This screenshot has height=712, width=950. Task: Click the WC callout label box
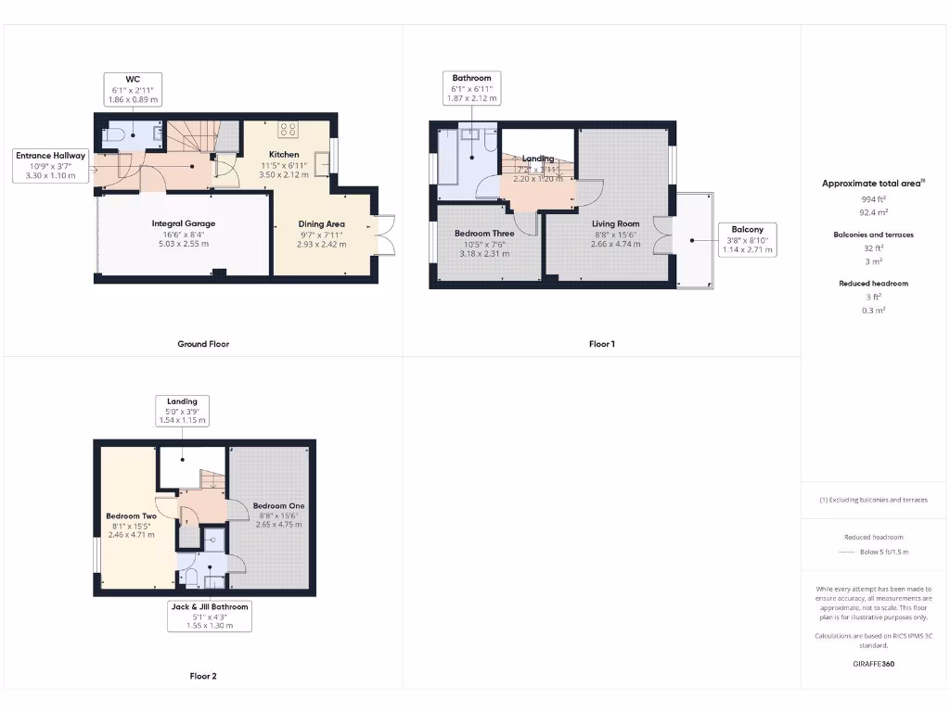point(131,88)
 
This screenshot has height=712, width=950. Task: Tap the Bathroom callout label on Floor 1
point(471,88)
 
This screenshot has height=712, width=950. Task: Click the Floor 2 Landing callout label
point(182,410)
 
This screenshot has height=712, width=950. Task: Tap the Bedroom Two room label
point(130,525)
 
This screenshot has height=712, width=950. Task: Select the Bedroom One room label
point(278,515)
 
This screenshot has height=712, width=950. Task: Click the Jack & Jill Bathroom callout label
point(209,616)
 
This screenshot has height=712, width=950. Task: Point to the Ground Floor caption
point(203,344)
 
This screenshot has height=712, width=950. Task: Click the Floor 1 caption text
point(601,344)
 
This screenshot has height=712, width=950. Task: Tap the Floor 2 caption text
point(203,676)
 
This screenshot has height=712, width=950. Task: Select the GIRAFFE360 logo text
point(874,664)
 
